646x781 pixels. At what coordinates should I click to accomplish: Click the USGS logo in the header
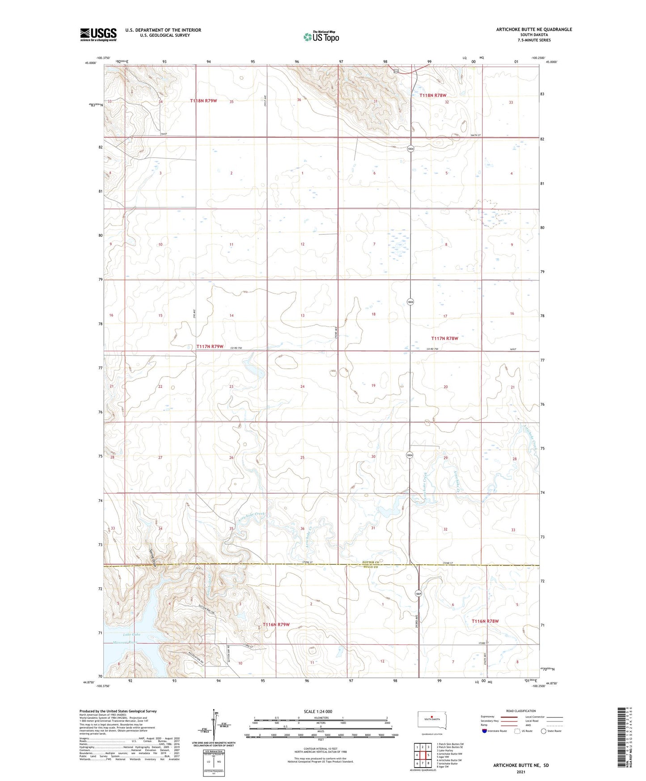pos(98,34)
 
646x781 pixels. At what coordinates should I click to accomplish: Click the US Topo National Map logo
pos(321,37)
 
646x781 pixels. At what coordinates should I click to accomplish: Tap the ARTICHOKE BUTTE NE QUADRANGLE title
pos(534,30)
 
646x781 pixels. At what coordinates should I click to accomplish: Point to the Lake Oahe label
pos(131,634)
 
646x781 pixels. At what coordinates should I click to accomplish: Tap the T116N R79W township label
pos(276,624)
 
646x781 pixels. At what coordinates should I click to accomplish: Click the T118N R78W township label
pos(432,95)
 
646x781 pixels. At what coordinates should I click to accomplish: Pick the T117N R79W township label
pos(210,346)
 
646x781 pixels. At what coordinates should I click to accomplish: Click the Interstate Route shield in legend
pos(485,731)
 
